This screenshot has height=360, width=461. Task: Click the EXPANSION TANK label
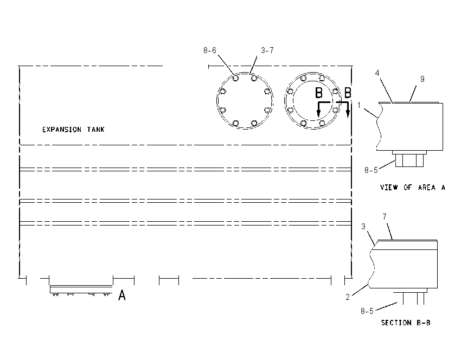(x=73, y=130)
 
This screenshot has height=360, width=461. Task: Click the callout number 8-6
(x=210, y=50)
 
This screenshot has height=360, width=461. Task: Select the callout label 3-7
(x=267, y=50)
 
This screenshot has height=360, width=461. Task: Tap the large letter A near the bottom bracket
(x=122, y=295)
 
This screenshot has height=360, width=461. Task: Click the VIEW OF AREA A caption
(x=413, y=188)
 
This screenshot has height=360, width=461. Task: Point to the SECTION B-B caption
(x=406, y=323)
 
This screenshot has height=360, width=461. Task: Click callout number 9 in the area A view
(x=422, y=79)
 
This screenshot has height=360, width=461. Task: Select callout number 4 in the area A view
(x=377, y=73)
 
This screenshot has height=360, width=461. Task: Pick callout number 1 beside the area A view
(x=358, y=105)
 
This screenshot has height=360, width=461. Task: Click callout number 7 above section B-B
(x=385, y=216)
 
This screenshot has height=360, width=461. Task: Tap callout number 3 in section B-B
(x=363, y=227)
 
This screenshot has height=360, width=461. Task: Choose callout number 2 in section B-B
(x=348, y=297)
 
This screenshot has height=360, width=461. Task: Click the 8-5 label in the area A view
(x=371, y=170)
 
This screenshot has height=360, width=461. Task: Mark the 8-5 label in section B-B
(x=367, y=311)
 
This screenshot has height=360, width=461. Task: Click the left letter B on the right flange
(x=319, y=93)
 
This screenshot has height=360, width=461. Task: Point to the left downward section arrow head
(x=318, y=114)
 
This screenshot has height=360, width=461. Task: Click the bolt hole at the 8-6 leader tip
(x=235, y=78)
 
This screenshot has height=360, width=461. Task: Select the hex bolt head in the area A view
(x=409, y=160)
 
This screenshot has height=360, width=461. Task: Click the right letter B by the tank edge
(x=348, y=93)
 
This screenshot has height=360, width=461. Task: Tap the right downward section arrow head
(x=348, y=114)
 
